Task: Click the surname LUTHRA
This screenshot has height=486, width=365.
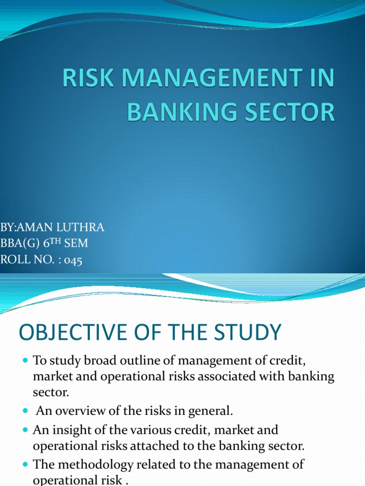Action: tap(80, 227)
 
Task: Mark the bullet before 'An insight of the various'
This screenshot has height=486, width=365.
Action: tap(26, 430)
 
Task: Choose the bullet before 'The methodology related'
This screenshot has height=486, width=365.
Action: tap(26, 464)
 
